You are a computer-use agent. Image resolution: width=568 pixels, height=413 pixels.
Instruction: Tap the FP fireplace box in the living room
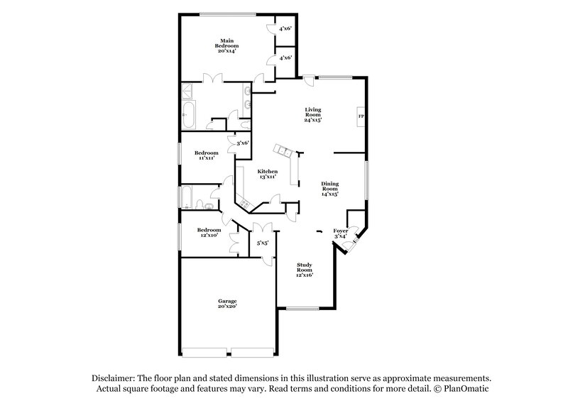(361, 116)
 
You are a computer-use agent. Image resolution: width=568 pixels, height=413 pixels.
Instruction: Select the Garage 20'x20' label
(227, 304)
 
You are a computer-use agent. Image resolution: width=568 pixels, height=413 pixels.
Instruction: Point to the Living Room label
(313, 115)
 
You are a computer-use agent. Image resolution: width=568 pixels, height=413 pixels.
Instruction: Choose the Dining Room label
(329, 188)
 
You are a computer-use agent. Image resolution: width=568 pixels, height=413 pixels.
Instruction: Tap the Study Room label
(305, 269)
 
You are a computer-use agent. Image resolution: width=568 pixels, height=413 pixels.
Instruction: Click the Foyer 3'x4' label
(341, 233)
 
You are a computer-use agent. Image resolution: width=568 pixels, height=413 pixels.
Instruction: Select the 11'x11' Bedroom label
(207, 155)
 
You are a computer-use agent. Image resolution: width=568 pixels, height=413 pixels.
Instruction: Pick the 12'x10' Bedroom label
(209, 232)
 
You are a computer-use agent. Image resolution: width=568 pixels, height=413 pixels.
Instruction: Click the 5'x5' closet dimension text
(262, 243)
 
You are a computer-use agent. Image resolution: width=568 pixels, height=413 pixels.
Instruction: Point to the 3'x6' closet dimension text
(242, 143)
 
